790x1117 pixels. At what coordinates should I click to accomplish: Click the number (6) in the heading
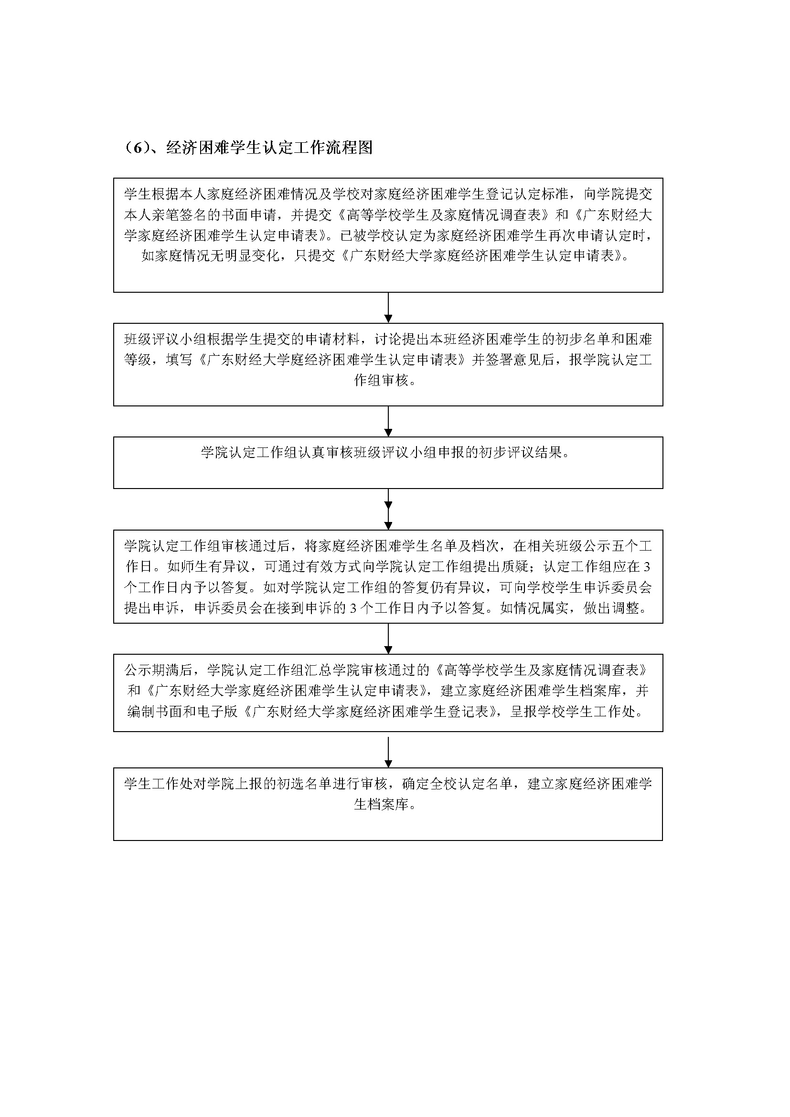coord(137,148)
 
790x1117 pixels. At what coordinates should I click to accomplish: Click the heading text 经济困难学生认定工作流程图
coord(269,148)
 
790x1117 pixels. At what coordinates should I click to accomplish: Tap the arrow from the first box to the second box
coord(388,308)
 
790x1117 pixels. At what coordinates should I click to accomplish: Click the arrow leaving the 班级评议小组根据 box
coord(388,421)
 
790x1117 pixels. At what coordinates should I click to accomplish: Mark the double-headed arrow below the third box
coord(388,510)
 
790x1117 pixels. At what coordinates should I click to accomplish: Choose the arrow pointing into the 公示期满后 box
coord(388,639)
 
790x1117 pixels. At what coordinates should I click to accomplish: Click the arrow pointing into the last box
coord(388,752)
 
